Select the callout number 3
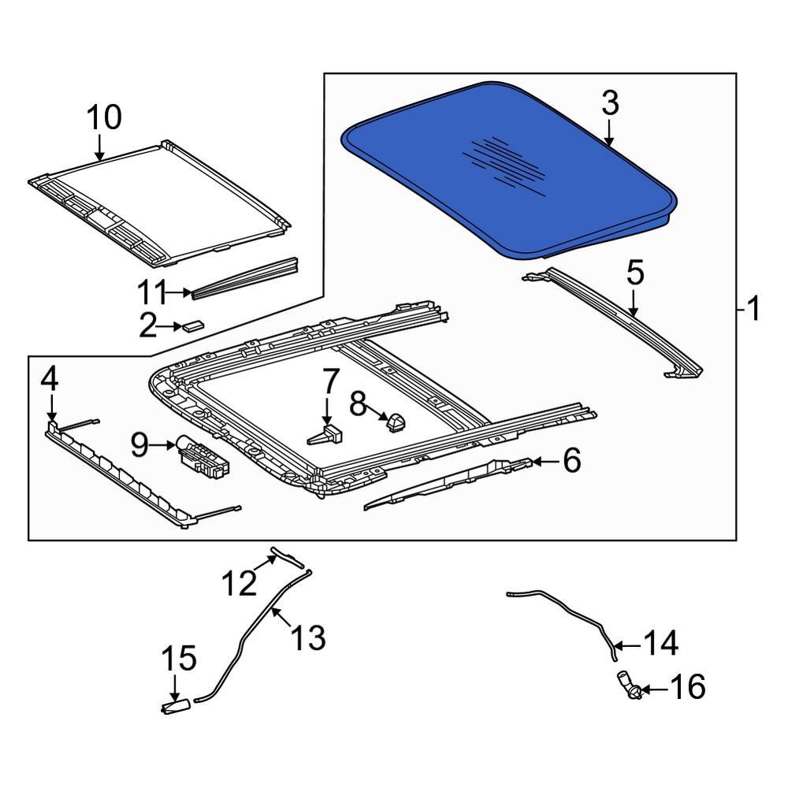(x=610, y=104)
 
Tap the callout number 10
(x=104, y=117)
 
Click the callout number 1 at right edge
(x=753, y=309)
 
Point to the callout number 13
(x=308, y=637)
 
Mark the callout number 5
(x=635, y=273)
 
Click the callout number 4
(x=49, y=381)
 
